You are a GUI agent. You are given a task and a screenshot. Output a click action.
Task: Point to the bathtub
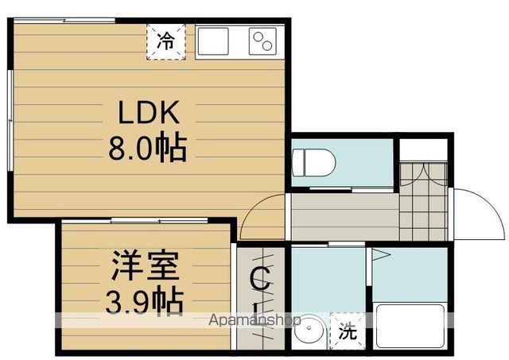410,326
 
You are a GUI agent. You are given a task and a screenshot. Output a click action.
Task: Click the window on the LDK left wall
10,119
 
